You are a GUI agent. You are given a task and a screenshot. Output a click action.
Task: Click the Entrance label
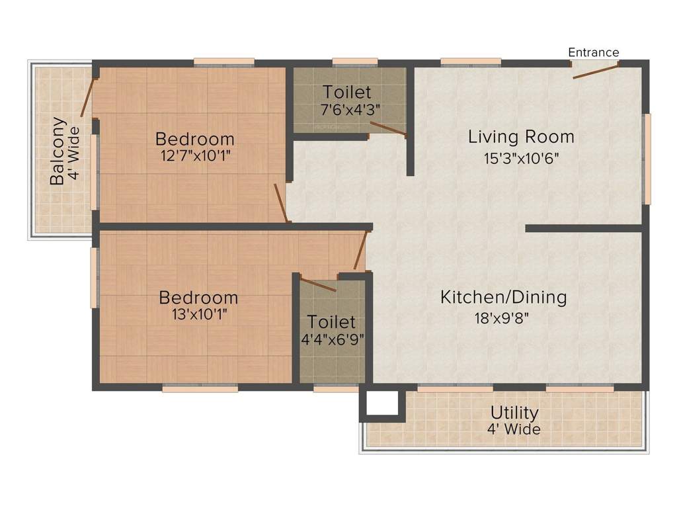[x=594, y=52]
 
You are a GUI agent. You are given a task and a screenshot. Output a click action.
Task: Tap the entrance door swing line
[x=595, y=71]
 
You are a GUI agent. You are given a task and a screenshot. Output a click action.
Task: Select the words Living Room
[x=521, y=137]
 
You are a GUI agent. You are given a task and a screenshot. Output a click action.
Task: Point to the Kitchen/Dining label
[x=503, y=297]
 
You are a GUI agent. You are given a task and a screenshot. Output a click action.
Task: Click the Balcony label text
[x=58, y=151]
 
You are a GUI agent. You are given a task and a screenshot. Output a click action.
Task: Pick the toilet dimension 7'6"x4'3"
[x=346, y=109]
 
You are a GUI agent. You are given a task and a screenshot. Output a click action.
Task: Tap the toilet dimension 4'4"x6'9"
[x=332, y=339]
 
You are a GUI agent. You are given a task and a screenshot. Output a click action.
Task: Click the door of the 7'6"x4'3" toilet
[x=387, y=128]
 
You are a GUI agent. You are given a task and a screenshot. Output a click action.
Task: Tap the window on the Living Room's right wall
[x=647, y=159]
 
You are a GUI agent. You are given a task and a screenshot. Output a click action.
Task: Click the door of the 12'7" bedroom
[x=281, y=202]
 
